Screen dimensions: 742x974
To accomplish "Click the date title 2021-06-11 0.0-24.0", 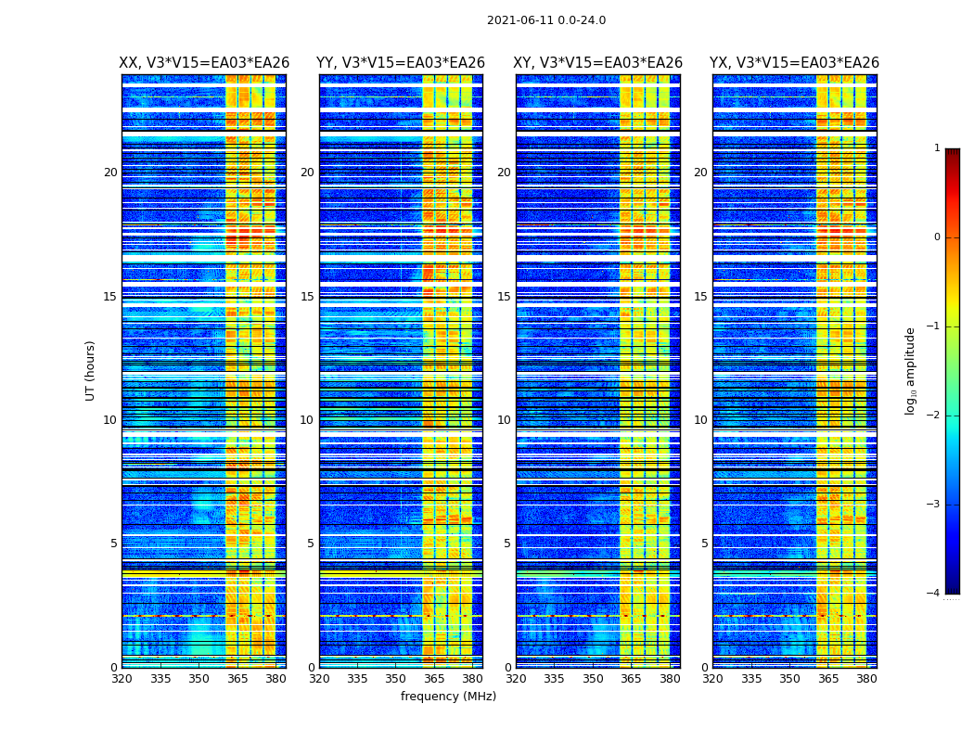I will (545, 20).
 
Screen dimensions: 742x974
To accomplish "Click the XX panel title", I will (204, 63).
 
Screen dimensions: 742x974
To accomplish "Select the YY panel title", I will (401, 63).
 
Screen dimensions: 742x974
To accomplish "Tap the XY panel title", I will (598, 63).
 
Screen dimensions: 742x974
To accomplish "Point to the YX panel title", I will (794, 63).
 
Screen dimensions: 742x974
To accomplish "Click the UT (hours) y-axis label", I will (91, 370).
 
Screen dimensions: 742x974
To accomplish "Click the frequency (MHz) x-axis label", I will (448, 697).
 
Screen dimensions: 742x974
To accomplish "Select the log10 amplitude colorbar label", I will (911, 370).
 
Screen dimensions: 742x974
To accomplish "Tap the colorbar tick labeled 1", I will (937, 148).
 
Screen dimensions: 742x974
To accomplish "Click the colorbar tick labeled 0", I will (937, 237).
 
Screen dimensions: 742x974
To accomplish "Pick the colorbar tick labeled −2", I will (935, 416).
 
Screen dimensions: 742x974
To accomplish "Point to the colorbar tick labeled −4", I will (935, 594).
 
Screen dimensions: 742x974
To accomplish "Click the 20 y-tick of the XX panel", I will (110, 173).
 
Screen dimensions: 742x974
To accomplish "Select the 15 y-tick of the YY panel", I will (307, 297).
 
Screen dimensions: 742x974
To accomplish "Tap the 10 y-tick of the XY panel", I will (504, 420).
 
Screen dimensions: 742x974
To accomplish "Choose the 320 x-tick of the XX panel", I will (122, 679).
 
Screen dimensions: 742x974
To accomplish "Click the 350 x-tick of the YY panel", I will (396, 679).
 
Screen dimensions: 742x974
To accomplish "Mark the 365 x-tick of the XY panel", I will (631, 679).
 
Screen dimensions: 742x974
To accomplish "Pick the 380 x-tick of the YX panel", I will (866, 679).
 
